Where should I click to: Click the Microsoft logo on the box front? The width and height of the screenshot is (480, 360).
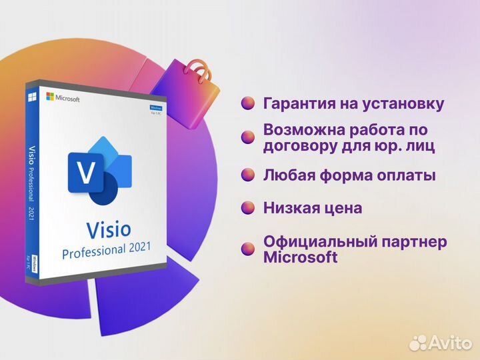[63, 98]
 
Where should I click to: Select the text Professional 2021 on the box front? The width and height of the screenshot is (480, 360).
[106, 251]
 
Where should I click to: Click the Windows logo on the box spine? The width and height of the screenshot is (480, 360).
[31, 97]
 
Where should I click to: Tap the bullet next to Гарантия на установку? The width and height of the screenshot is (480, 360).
[248, 103]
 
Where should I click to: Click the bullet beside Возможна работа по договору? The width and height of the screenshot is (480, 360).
[248, 137]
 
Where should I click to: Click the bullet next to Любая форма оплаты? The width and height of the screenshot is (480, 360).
[248, 175]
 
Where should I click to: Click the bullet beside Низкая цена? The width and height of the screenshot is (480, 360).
[248, 207]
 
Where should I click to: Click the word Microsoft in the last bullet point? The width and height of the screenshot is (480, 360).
[300, 257]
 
